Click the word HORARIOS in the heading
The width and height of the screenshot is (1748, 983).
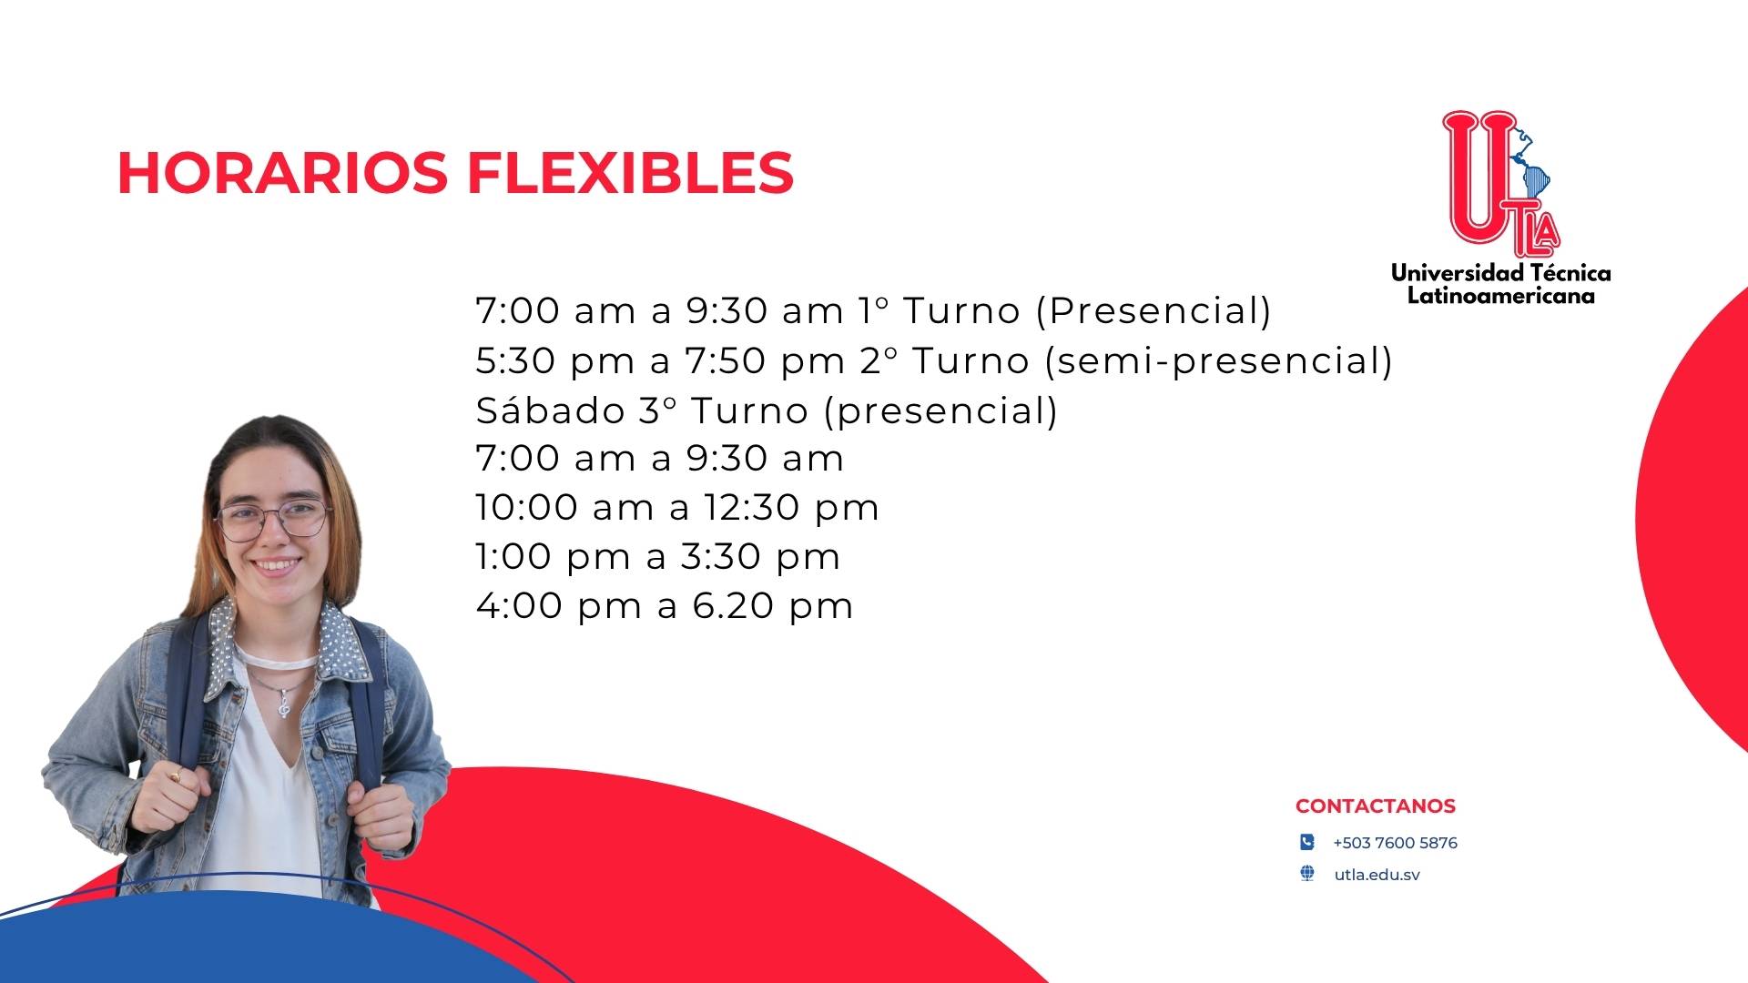(283, 172)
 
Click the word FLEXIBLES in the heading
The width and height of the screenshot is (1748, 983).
(631, 172)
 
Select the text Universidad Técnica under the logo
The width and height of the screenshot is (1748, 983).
(1500, 272)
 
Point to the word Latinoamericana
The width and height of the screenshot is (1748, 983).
(1500, 296)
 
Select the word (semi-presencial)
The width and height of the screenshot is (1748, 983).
(1218, 361)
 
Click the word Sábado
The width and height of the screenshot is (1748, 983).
(550, 410)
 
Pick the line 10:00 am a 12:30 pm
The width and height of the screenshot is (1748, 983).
(677, 508)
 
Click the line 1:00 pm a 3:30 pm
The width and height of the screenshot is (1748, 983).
(657, 557)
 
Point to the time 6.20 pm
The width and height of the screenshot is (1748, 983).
(773, 606)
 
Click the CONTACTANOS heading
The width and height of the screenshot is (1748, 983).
(1375, 806)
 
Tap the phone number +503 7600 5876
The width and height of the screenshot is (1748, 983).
(1395, 843)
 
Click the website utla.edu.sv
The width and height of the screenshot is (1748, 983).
(1377, 875)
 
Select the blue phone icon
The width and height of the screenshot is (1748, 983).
(1307, 842)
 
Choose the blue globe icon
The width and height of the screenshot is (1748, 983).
(1307, 874)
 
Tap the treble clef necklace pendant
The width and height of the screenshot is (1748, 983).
(283, 702)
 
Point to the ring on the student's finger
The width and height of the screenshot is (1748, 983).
(175, 775)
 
